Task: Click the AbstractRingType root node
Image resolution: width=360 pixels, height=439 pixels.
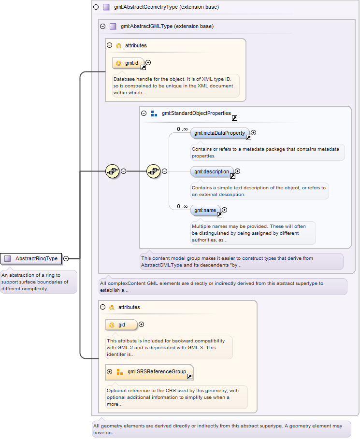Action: point(31,258)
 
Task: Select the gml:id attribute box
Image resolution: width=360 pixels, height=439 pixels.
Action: point(129,63)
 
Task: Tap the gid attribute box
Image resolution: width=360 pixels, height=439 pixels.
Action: point(121,325)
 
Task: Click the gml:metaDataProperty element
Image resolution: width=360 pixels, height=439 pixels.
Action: point(220,133)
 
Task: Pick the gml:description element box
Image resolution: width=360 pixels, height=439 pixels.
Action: point(212,171)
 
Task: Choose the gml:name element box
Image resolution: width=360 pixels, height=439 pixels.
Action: point(205,210)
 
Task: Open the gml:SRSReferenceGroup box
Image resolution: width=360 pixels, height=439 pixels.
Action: point(149,372)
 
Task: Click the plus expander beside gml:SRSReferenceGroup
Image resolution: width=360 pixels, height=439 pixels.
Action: point(110,371)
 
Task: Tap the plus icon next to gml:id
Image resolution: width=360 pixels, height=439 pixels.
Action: point(148,63)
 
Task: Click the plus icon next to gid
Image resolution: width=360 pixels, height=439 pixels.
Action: point(142,324)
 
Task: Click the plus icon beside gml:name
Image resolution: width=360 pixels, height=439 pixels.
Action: point(224,210)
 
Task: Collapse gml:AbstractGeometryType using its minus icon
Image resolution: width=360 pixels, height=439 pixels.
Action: point(96,7)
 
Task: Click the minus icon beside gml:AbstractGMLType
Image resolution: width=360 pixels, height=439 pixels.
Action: point(103,26)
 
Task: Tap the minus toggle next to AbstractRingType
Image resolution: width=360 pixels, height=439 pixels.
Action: point(66,258)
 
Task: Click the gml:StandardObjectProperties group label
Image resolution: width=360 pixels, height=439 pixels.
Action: point(196,113)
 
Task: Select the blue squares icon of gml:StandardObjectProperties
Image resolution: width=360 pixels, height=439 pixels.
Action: point(154,113)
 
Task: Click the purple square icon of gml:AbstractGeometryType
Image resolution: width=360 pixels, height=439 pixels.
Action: point(106,7)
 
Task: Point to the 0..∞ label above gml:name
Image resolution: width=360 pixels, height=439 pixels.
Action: point(182,206)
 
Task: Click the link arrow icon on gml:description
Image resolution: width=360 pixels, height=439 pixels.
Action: point(232,176)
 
